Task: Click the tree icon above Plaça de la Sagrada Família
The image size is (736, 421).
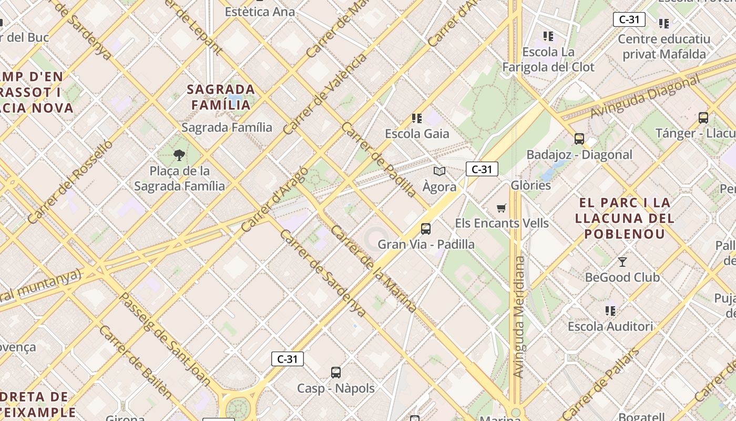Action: [x=179, y=155]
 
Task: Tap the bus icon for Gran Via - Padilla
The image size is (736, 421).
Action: [x=426, y=229]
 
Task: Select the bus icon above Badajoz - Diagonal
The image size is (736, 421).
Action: [x=579, y=139]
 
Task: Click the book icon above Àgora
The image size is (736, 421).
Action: [x=439, y=171]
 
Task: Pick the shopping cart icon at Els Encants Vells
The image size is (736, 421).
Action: [x=502, y=208]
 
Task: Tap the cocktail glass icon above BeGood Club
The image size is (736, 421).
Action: [x=622, y=262]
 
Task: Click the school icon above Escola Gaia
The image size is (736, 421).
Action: [x=417, y=118]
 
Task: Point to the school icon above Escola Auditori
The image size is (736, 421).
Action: [x=610, y=310]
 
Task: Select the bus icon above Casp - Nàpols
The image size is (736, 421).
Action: [x=336, y=373]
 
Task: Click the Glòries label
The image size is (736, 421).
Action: [x=531, y=185]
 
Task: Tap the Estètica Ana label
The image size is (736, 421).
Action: [x=260, y=11]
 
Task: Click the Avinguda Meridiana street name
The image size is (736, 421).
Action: [x=518, y=317]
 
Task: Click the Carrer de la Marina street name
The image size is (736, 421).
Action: [x=374, y=269]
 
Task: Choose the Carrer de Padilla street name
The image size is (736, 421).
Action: [x=379, y=159]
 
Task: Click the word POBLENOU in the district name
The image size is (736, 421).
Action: [x=625, y=234]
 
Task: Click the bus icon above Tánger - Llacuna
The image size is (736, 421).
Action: [x=703, y=118]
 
